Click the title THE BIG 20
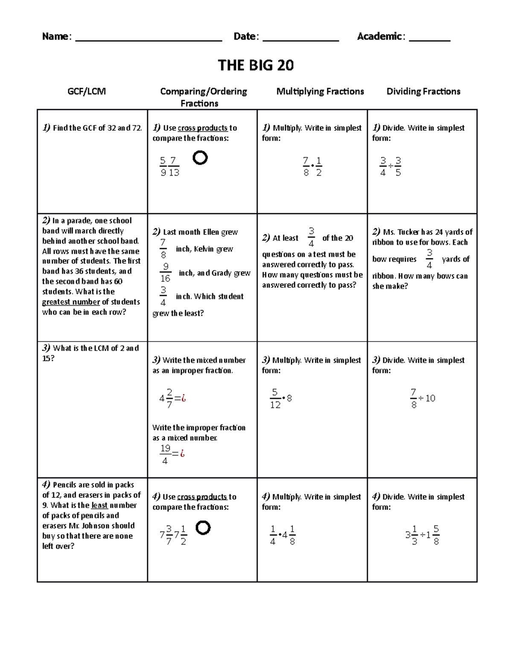point(256,65)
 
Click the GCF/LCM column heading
point(87,91)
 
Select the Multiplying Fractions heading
point(320,91)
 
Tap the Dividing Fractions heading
point(423,91)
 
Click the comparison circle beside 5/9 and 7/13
point(200,158)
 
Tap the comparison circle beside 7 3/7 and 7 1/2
point(203,528)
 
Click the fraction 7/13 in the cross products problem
point(174,167)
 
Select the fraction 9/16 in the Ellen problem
point(166,273)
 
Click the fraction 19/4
point(165,454)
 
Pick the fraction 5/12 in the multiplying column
point(275,399)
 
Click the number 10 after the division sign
point(430,399)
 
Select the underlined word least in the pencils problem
point(99,506)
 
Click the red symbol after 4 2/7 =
point(183,399)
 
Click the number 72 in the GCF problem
point(137,128)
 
